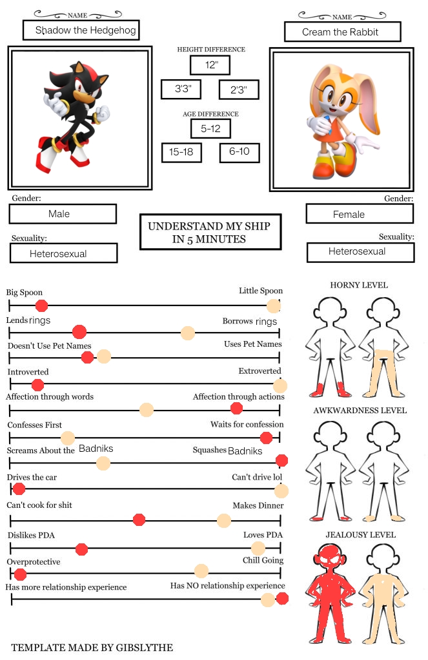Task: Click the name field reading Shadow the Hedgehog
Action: (81, 30)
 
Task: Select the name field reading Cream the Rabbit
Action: (342, 32)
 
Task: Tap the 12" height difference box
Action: (210, 65)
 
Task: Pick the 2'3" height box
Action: (239, 90)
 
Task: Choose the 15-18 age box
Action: (181, 152)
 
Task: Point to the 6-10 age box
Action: (239, 152)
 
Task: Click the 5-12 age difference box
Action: (210, 128)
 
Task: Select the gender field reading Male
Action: (63, 213)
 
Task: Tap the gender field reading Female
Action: (360, 213)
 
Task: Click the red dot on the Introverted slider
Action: (37, 385)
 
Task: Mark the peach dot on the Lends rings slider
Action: (188, 333)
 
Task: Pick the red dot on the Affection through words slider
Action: (236, 408)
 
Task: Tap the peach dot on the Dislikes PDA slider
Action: (258, 548)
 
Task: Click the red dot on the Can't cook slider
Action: (139, 520)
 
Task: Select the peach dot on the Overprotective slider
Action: (201, 570)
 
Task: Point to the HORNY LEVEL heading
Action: (359, 285)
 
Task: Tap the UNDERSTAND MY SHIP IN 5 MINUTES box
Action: (210, 232)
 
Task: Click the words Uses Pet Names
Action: (252, 344)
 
